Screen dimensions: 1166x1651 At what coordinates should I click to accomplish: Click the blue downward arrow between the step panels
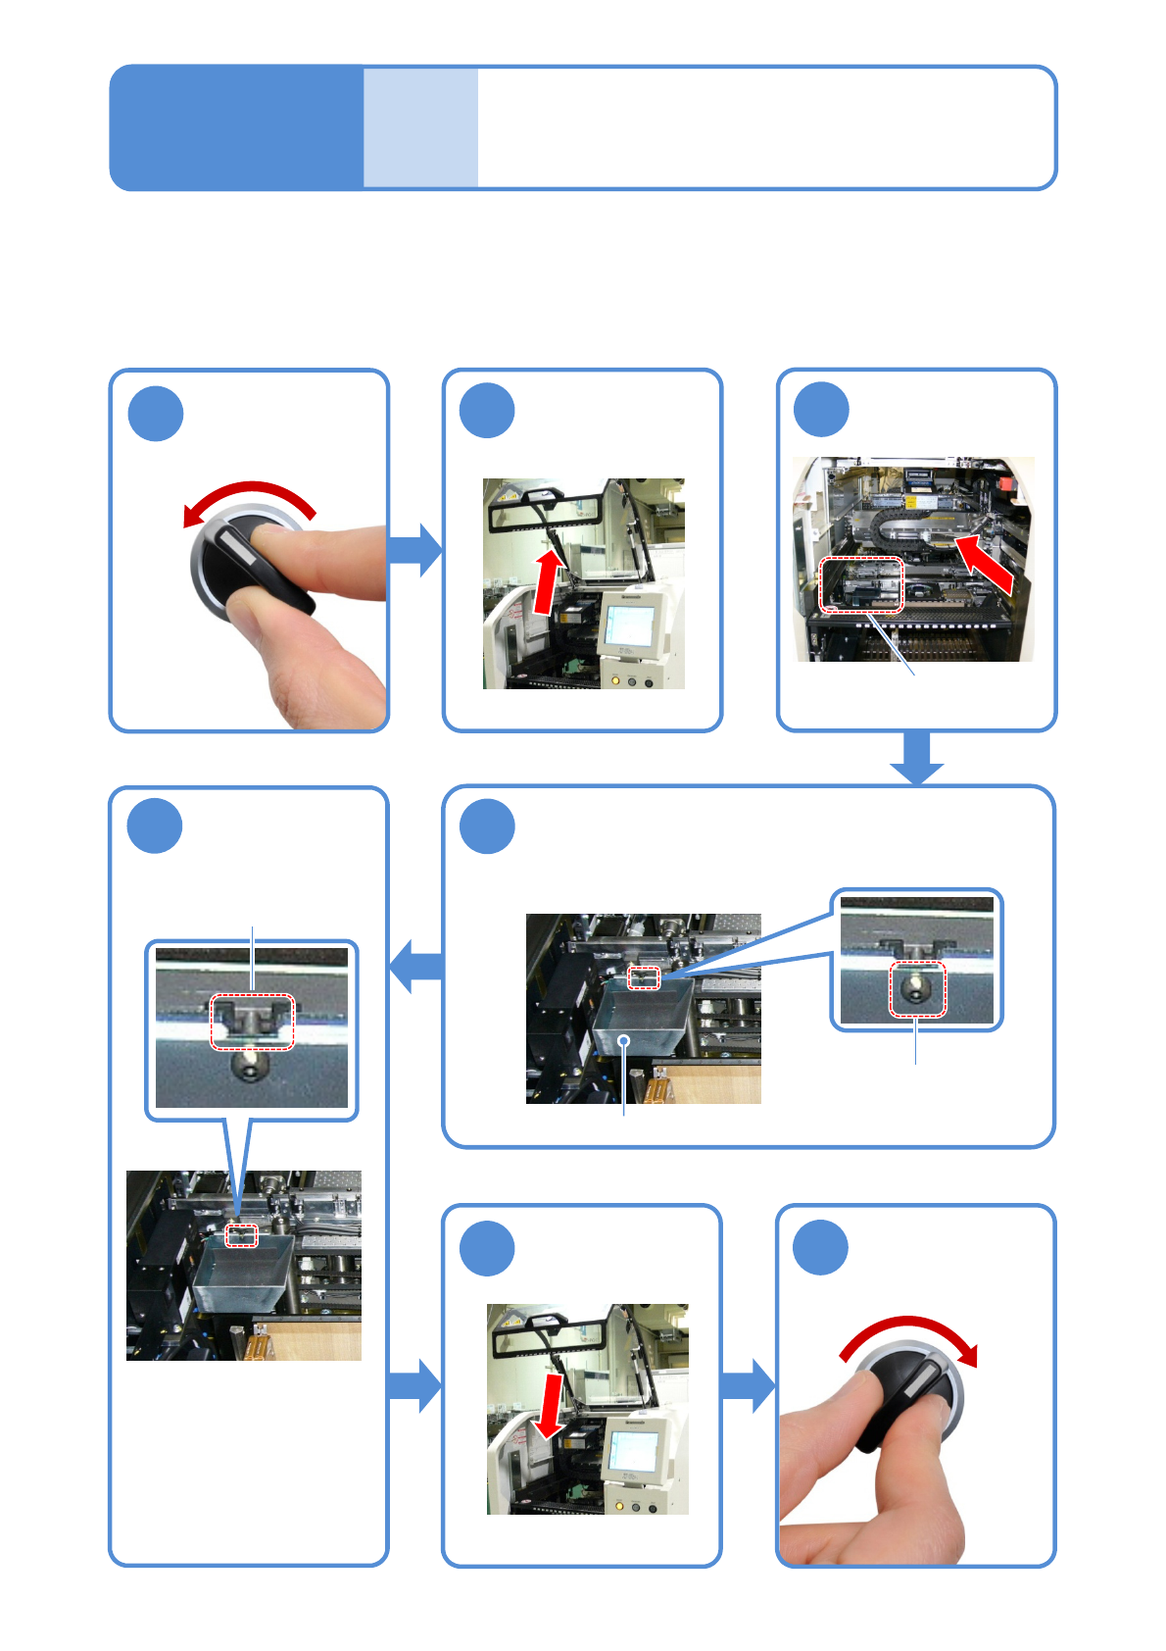[917, 758]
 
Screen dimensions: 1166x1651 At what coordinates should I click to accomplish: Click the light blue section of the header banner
[421, 127]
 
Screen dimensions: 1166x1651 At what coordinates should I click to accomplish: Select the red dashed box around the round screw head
[917, 988]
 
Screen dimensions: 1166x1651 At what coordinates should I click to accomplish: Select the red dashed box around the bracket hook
[253, 1022]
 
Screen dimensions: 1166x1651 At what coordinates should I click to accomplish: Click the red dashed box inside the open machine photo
[860, 584]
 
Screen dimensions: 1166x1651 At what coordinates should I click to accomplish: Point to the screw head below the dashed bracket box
[251, 1067]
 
